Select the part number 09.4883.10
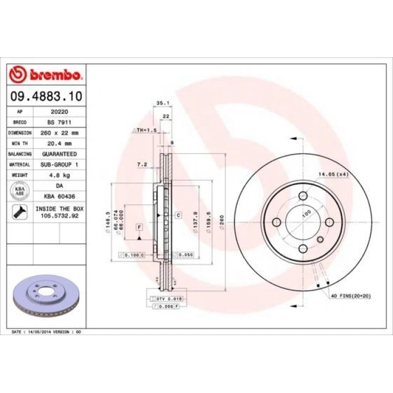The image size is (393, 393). tap(47, 97)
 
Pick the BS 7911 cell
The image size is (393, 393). tap(59, 122)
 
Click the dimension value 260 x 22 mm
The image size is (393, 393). tap(59, 132)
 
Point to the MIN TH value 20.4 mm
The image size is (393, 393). tap(59, 143)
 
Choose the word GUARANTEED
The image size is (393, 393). tap(59, 153)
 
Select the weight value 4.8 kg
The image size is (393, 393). tap(59, 175)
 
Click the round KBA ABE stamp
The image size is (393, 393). tap(20, 190)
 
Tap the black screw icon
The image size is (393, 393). tap(20, 212)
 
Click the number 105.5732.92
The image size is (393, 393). tap(59, 215)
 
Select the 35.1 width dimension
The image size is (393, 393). tap(162, 103)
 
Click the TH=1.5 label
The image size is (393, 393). tap(145, 130)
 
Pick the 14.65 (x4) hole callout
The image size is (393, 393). tap(333, 174)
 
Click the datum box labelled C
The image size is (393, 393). tap(178, 215)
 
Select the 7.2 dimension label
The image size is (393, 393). tap(142, 164)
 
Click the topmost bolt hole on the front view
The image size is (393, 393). tap(303, 195)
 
